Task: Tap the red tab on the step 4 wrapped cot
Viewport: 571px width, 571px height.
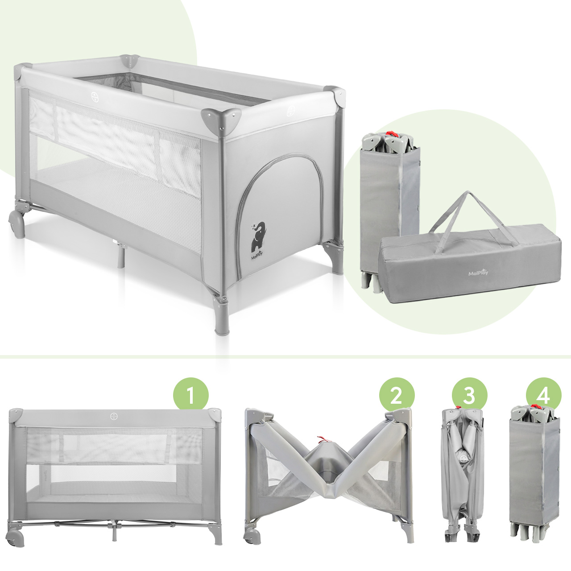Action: (535, 406)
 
